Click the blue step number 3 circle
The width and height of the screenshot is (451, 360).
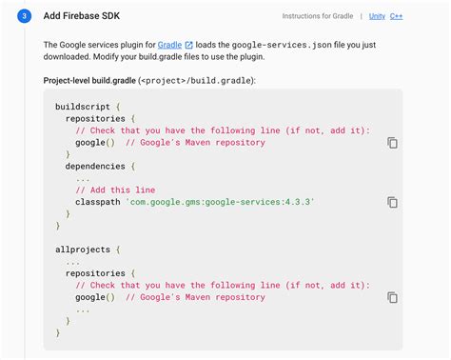(x=23, y=16)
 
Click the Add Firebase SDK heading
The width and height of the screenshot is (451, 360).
(x=83, y=16)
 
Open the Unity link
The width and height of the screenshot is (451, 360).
(x=379, y=16)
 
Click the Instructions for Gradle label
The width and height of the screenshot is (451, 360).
(x=319, y=16)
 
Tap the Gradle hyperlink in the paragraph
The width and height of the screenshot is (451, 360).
(x=171, y=45)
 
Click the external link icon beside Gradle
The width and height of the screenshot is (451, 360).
(x=188, y=45)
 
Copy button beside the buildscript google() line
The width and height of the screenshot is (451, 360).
(x=392, y=143)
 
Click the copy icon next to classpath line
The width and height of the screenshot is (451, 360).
(x=392, y=202)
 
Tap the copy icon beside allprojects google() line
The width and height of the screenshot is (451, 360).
(x=392, y=297)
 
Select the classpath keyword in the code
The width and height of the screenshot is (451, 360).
(x=97, y=202)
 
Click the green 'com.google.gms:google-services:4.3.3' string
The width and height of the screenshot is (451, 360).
(x=220, y=202)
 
